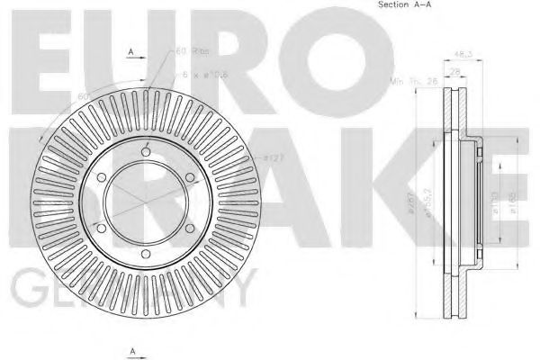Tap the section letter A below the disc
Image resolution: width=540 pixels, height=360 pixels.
click(131, 350)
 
